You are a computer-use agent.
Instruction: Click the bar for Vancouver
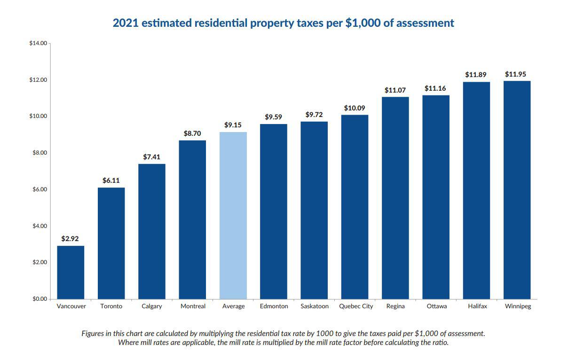tap(71, 272)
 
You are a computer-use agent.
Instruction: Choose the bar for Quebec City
tap(355, 207)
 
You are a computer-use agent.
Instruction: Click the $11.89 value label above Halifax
tap(476, 75)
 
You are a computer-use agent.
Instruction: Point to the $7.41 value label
tap(151, 157)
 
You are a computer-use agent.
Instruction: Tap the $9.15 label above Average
tap(233, 125)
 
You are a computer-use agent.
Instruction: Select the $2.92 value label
tap(70, 239)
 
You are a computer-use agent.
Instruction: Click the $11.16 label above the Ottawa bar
tap(435, 88)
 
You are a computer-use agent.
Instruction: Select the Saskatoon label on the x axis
tap(315, 306)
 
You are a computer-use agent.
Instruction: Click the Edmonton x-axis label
tap(274, 306)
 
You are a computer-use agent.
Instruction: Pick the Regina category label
tap(395, 306)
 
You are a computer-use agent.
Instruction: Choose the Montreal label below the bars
tap(193, 306)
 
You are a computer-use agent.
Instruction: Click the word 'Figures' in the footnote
tap(93, 333)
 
